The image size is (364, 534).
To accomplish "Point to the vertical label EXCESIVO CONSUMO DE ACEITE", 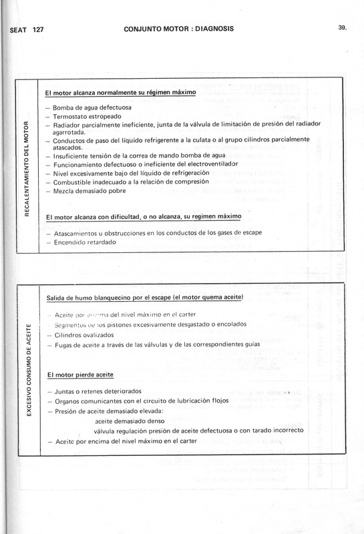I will pos(25,375).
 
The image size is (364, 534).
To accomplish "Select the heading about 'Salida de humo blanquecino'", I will pos(144,297).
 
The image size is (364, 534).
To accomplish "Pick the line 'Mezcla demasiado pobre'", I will pos(85,191).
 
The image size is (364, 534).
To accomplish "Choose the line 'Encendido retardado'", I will pos(81,242).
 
